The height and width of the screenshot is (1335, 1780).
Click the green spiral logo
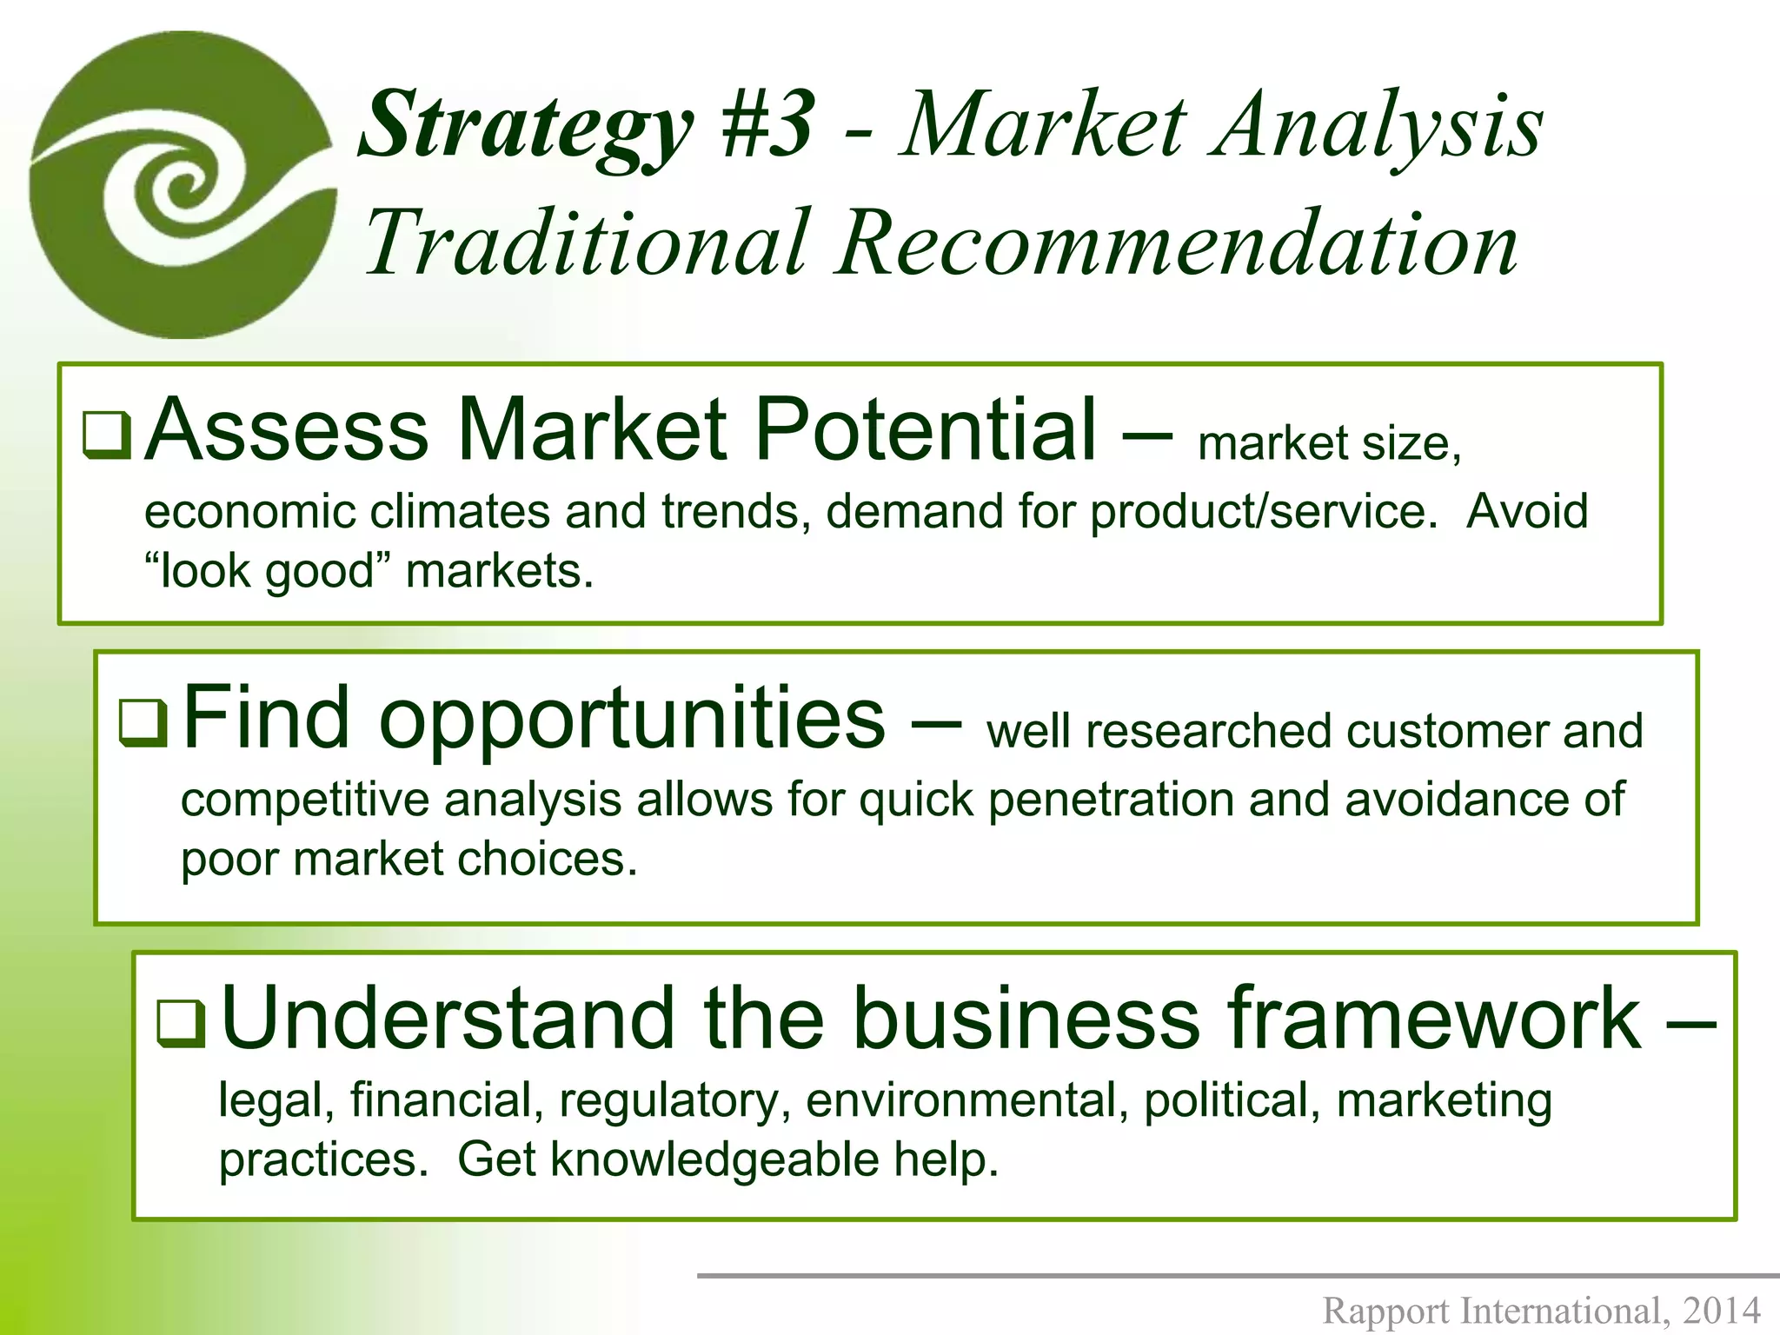(x=183, y=184)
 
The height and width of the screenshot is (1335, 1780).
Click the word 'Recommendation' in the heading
(x=1177, y=243)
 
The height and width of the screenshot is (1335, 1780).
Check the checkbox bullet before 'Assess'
(x=106, y=435)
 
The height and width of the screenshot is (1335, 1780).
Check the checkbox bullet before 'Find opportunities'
(x=143, y=722)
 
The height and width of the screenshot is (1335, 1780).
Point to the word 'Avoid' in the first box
(x=1527, y=511)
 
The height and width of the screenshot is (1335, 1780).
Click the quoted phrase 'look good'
(x=268, y=572)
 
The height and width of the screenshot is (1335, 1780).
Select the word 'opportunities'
(x=633, y=720)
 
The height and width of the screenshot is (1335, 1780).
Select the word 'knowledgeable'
(x=714, y=1159)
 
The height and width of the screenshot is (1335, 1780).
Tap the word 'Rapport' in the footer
(x=1386, y=1310)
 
